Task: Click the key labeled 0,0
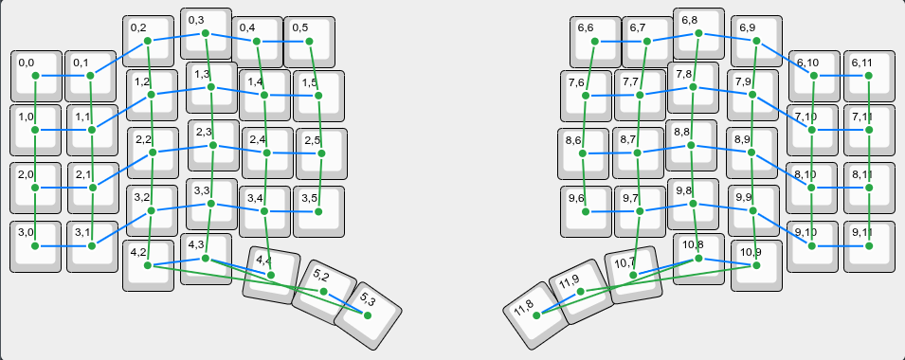[x=35, y=76]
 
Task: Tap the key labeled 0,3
[x=205, y=33]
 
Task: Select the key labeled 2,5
[x=320, y=154]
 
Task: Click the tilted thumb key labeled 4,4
[x=271, y=275]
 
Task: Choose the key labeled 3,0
[x=35, y=246]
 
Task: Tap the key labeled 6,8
[x=698, y=33]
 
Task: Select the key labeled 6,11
[x=869, y=76]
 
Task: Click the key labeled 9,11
[x=869, y=245]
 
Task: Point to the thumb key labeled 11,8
[x=536, y=315]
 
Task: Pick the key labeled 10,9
[x=756, y=265]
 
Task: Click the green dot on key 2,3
[x=213, y=145]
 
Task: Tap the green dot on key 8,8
[x=691, y=145]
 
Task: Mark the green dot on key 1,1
[x=92, y=131]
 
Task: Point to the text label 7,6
[x=576, y=83]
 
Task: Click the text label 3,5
[x=309, y=199]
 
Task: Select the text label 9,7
[x=630, y=199]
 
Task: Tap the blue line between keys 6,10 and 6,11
[x=841, y=76]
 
